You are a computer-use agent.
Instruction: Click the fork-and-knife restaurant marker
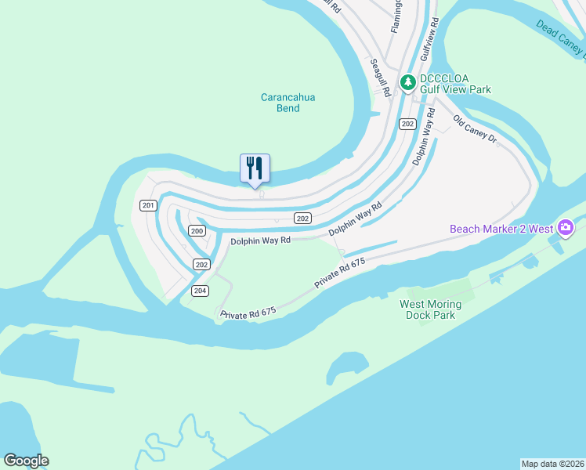(255, 168)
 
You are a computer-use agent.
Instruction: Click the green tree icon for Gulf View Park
(407, 81)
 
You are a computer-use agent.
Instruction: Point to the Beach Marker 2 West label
(501, 229)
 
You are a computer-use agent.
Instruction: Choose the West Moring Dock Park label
(430, 309)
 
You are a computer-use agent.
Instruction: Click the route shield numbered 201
(148, 205)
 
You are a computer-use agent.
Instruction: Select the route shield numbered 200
(197, 231)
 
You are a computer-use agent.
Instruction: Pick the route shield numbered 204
(200, 291)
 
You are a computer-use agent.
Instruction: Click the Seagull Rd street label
(380, 76)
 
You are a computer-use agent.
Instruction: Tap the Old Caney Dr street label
(476, 129)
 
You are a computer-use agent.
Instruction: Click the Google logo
(26, 461)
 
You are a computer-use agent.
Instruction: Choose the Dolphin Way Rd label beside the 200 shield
(260, 240)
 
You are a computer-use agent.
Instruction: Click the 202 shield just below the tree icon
(407, 124)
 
